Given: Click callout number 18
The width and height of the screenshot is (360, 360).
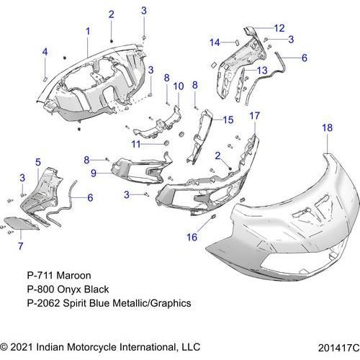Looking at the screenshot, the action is pyautogui.click(x=328, y=127).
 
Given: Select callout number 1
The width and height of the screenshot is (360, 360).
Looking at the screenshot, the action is pyautogui.click(x=88, y=31).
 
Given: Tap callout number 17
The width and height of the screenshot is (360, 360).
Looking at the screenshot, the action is pyautogui.click(x=255, y=116).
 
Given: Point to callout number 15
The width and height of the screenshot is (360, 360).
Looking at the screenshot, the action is pyautogui.click(x=228, y=120).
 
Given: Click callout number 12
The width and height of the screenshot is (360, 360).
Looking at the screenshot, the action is pyautogui.click(x=279, y=28).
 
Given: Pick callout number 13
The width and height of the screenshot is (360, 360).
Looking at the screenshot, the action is pyautogui.click(x=262, y=71).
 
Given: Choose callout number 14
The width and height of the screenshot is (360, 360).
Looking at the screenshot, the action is pyautogui.click(x=215, y=42).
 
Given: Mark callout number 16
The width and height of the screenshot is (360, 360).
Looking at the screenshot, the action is pyautogui.click(x=192, y=237).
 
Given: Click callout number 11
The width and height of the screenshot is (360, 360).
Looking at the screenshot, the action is pyautogui.click(x=136, y=144).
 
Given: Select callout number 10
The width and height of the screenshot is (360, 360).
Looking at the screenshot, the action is pyautogui.click(x=179, y=86).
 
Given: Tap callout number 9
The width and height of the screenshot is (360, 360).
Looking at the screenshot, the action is pyautogui.click(x=94, y=173).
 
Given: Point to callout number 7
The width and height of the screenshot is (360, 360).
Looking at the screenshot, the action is pyautogui.click(x=21, y=246).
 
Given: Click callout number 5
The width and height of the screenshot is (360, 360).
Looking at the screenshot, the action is pyautogui.click(x=38, y=163).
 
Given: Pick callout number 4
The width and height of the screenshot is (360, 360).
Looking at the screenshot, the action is pyautogui.click(x=45, y=52).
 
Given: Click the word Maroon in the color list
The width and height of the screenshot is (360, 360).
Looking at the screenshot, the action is pyautogui.click(x=74, y=276).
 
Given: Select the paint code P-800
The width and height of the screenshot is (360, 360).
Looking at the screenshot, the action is pyautogui.click(x=40, y=289).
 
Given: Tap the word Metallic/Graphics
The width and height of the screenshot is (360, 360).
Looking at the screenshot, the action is pyautogui.click(x=152, y=303).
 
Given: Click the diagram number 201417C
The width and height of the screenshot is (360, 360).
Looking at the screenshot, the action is pyautogui.click(x=339, y=348).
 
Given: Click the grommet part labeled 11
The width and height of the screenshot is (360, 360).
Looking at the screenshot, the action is pyautogui.click(x=166, y=143).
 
